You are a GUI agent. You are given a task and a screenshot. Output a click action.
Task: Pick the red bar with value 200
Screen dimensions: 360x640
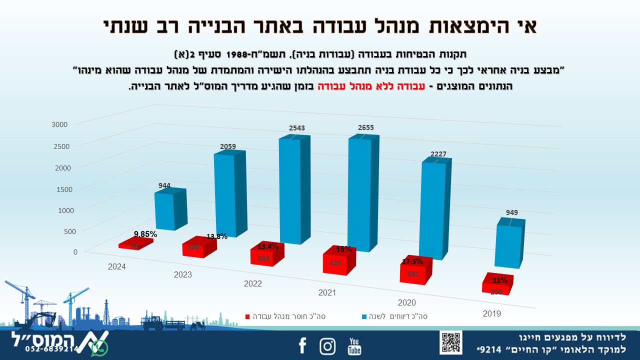pos(496,289)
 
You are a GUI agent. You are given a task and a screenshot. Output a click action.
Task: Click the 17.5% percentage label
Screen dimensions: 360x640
pos(412,261)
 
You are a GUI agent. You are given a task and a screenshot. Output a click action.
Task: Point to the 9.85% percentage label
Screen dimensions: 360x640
pos(145,234)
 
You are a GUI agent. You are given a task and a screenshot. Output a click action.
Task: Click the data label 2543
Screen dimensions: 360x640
pos(297,128)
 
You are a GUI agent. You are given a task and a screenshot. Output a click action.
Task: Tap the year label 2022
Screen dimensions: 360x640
pos(253,283)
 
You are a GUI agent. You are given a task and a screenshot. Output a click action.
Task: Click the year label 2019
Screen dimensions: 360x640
pos(491,314)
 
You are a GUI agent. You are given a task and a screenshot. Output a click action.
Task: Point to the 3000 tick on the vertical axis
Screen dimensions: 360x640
pos(67,124)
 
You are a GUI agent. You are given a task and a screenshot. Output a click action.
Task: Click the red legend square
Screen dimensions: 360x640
pos(247,316)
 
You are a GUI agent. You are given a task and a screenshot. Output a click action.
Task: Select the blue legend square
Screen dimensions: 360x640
pos(363,316)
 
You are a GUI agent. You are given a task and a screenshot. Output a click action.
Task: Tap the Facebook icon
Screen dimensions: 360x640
pos(302,345)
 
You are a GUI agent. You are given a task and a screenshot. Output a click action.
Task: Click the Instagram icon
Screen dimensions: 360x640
pos(327,346)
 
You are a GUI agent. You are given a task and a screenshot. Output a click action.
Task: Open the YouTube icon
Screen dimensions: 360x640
pos(354,346)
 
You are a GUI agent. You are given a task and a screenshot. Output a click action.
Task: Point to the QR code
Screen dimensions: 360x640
pos(450,342)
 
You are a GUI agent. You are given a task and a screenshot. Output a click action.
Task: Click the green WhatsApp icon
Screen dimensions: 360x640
pos(99,347)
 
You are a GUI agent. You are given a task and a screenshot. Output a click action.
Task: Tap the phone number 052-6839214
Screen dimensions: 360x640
pos(52,349)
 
